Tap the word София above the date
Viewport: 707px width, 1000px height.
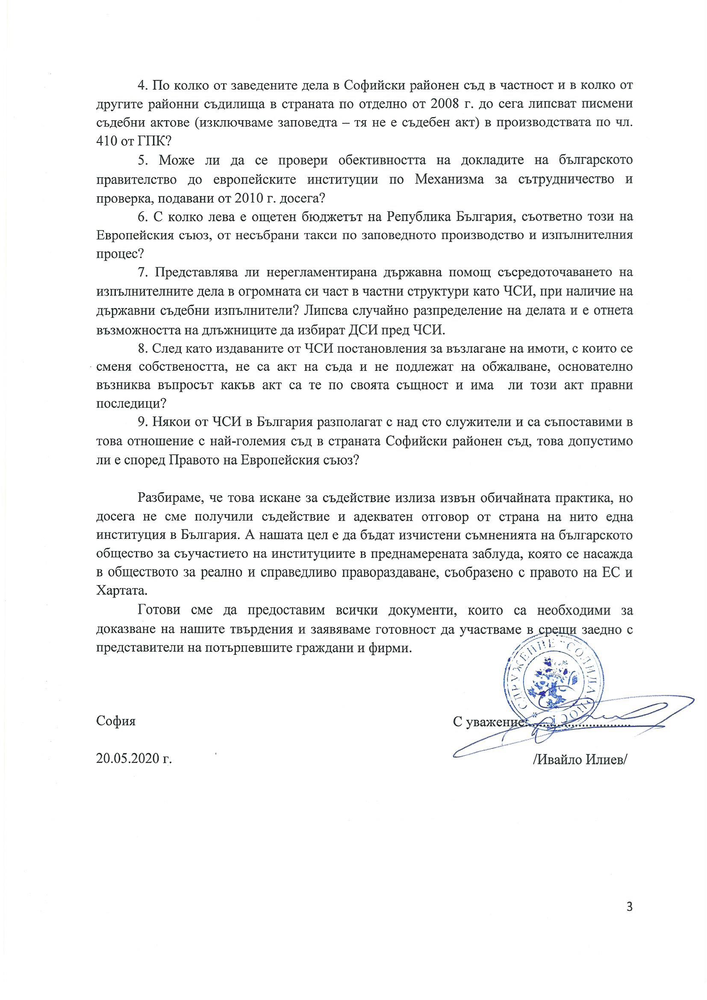point(116,721)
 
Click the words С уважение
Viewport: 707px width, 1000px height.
point(487,722)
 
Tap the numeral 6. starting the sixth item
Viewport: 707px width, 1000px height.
point(142,216)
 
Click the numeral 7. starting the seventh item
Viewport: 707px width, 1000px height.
point(142,272)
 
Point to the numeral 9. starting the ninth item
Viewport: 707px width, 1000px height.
point(142,423)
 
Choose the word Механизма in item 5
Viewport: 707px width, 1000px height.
point(449,179)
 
